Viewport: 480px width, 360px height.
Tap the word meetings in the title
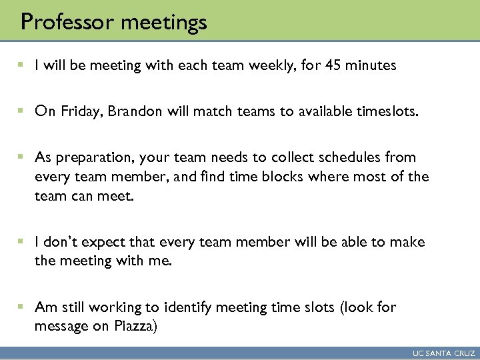[x=164, y=23]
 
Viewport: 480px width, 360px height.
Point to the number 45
[x=313, y=65]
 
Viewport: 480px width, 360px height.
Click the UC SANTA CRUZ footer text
[x=443, y=353]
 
